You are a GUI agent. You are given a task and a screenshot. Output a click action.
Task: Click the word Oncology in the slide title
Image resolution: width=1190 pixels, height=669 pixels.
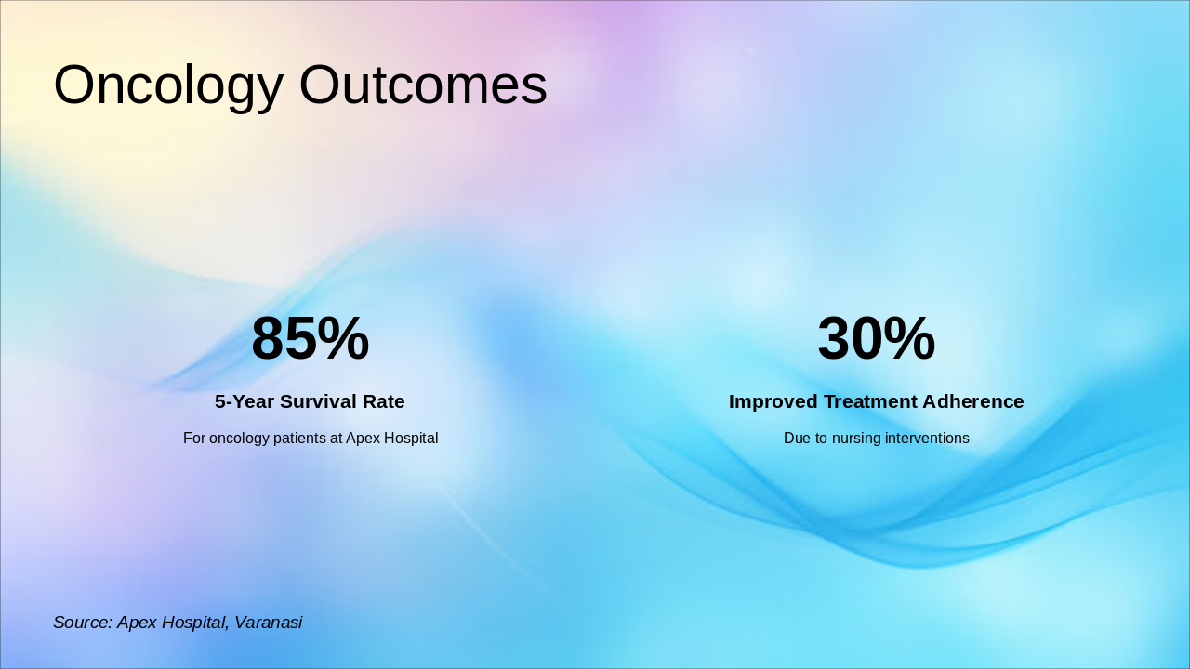(168, 85)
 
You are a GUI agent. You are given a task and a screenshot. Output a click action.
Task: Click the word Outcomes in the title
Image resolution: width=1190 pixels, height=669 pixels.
(423, 85)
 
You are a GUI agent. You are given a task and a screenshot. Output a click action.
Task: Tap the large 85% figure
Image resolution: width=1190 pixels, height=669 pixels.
(310, 338)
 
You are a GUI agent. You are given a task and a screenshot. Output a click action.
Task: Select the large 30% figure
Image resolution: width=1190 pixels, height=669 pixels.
(876, 338)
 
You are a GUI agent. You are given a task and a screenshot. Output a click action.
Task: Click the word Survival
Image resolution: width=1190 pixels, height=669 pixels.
(319, 401)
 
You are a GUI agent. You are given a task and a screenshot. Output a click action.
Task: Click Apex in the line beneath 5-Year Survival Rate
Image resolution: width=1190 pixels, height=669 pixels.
(362, 438)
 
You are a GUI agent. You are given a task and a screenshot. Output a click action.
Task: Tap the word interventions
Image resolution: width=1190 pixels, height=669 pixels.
(931, 438)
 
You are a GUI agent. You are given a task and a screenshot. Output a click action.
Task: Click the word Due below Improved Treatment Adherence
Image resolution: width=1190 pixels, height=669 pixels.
(798, 438)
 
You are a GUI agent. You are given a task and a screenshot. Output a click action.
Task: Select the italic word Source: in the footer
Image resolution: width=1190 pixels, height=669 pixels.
(82, 623)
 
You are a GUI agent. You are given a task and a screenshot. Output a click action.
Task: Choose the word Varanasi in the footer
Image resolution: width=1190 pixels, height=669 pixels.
(268, 623)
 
